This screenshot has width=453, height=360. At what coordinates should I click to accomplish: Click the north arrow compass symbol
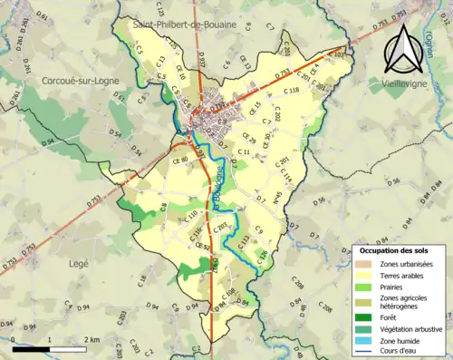pyautogui.click(x=401, y=49)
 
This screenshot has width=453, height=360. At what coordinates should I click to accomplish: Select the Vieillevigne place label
pyautogui.click(x=412, y=81)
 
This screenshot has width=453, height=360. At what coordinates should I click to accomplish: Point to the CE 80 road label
pyautogui.click(x=178, y=160)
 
